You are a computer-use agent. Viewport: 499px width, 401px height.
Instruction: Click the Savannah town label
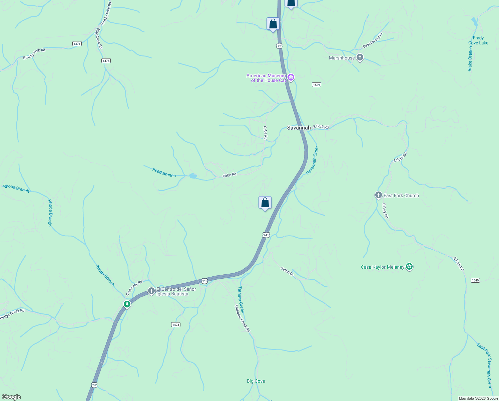click(299, 128)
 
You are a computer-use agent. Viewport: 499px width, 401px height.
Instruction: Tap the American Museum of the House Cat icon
click(291, 78)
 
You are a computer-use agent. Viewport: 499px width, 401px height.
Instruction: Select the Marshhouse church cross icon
click(360, 58)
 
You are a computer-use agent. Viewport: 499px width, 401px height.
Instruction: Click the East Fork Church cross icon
click(378, 195)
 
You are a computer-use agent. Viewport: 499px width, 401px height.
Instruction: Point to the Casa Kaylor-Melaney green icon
click(410, 267)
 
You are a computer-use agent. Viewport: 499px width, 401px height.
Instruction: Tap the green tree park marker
click(127, 304)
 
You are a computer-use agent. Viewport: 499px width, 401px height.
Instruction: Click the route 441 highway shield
click(266, 235)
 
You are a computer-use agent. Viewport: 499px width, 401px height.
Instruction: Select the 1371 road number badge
click(77, 44)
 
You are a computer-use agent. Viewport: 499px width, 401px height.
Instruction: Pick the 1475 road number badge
click(106, 60)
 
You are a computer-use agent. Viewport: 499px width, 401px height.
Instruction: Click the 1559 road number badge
click(317, 85)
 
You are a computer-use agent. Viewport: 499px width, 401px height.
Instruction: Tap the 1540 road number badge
click(475, 280)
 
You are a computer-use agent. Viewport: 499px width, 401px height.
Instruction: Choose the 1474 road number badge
click(176, 324)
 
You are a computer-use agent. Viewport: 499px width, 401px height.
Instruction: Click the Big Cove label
click(256, 381)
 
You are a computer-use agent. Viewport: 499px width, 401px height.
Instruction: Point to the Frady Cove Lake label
click(478, 40)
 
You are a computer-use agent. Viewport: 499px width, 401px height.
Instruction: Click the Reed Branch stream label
click(164, 173)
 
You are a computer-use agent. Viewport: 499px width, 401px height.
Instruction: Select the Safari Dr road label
click(287, 271)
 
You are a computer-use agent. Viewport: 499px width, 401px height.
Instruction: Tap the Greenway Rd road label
click(134, 288)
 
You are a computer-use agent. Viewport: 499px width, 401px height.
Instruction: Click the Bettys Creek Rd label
click(12, 314)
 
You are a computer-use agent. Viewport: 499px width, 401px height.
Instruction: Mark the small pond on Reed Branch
click(193, 176)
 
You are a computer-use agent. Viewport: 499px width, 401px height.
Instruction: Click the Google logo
click(11, 397)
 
